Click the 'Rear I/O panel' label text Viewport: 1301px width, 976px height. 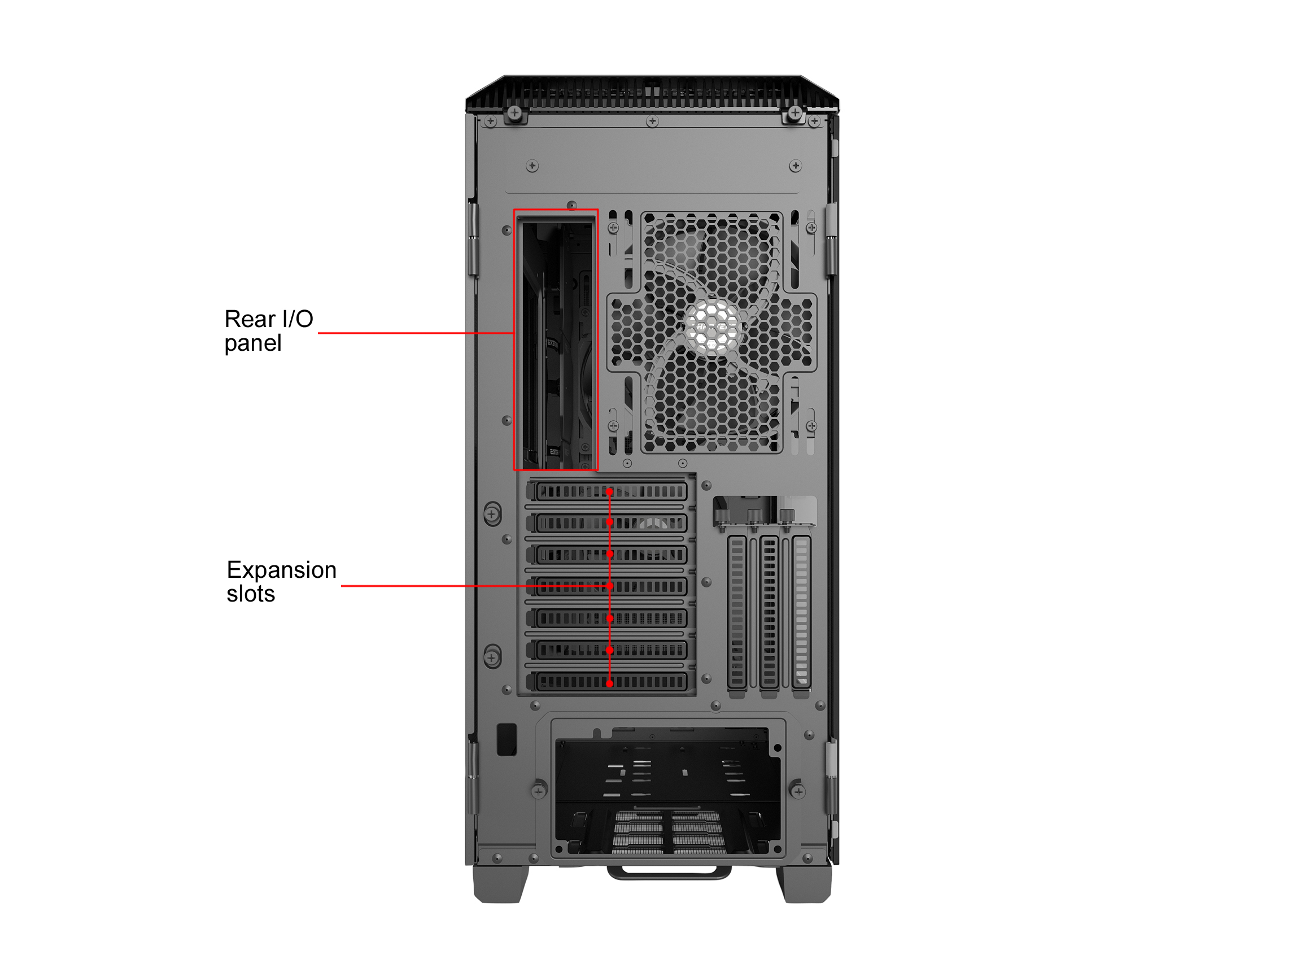(269, 330)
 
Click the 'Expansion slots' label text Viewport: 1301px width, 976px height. (281, 582)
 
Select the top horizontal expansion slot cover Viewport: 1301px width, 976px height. (609, 491)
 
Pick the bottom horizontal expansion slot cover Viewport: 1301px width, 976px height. (609, 682)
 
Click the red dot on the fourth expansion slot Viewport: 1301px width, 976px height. (610, 586)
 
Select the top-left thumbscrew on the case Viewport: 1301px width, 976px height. (514, 112)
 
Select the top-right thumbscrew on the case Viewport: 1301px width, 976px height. (795, 112)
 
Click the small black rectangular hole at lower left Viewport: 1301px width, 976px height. (507, 739)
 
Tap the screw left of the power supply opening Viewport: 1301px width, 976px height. (539, 792)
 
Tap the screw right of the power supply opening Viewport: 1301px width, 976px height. (798, 792)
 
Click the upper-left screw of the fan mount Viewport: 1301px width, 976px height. (613, 228)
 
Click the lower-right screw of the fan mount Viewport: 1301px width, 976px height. (811, 426)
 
